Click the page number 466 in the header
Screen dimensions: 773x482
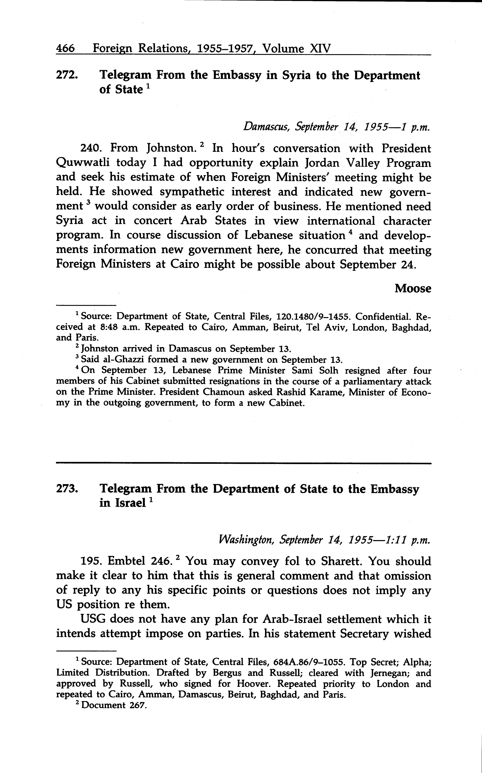pos(65,48)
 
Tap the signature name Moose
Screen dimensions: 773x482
pos(413,288)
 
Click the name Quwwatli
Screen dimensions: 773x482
pos(83,163)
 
